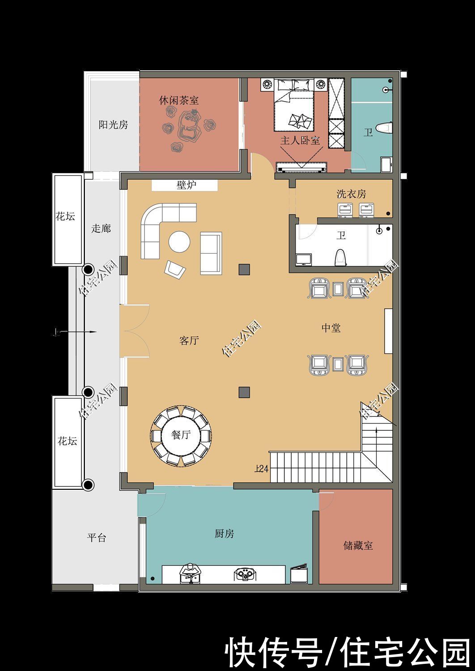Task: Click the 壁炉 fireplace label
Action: pos(186,185)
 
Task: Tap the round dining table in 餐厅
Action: pos(181,435)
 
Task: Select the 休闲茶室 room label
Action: pos(179,100)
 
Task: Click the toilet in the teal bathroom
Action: pos(384,128)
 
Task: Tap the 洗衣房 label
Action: pos(351,194)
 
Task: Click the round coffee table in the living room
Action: pos(179,242)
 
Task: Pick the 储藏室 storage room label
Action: pos(358,546)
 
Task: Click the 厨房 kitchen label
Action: pos(224,534)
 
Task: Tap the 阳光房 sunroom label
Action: pos(113,125)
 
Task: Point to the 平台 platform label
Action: pos(97,537)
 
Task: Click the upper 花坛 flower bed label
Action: pos(65,217)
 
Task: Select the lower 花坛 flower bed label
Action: pos(67,441)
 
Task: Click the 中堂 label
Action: pos(331,328)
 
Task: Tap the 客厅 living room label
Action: pos(189,340)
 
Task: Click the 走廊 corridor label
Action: pos(101,229)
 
